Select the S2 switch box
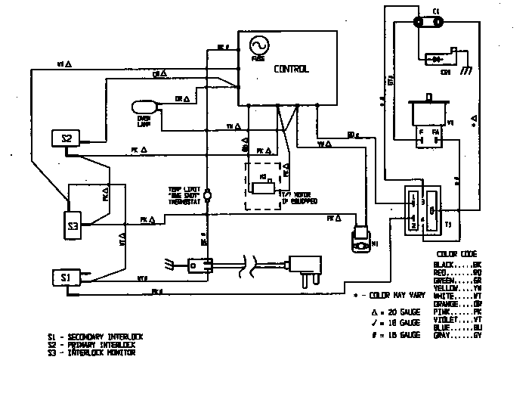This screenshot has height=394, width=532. click(66, 138)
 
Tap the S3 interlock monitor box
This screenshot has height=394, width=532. click(73, 225)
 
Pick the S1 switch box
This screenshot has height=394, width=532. click(66, 277)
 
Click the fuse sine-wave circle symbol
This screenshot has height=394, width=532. click(258, 47)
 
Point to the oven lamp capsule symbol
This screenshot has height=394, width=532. click(144, 107)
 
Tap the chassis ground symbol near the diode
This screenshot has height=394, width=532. click(466, 70)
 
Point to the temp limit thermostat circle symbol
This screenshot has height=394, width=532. click(208, 195)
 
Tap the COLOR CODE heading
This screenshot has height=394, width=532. click(456, 253)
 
